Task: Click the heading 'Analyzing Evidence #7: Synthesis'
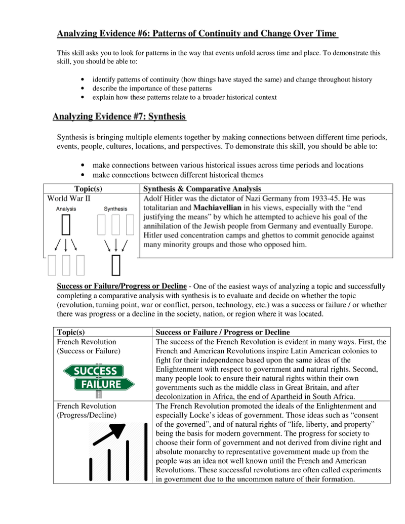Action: [119, 117]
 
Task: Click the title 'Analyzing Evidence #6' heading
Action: [197, 34]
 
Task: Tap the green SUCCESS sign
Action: [96, 371]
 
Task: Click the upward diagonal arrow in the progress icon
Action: [109, 435]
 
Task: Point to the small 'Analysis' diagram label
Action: [66, 209]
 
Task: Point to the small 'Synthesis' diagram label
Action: [115, 209]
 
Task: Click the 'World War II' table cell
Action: [69, 198]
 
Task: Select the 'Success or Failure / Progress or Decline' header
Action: [223, 332]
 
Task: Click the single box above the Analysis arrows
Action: [66, 225]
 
